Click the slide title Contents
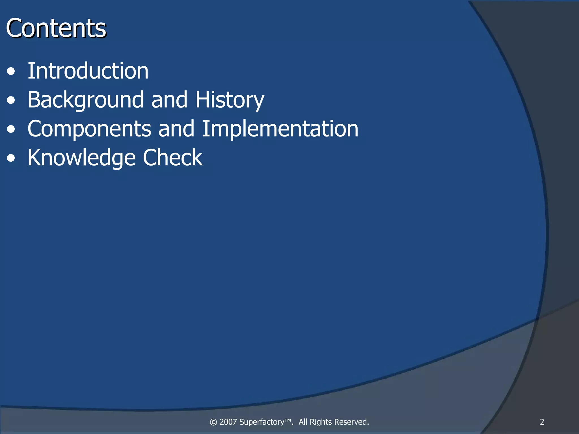pos(56,28)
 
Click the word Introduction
pos(88,71)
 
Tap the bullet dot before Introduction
pos(11,71)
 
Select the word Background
pos(86,100)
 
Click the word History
pos(230,100)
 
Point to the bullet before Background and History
pos(11,100)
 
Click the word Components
pos(89,129)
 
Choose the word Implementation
pos(280,129)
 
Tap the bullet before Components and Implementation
pos(11,129)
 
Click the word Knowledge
pos(81,158)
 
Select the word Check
pos(172,157)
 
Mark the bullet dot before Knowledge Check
pos(11,158)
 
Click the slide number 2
pos(542,422)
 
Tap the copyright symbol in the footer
pos(213,422)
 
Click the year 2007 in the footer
pos(228,422)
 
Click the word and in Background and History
pos(169,100)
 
